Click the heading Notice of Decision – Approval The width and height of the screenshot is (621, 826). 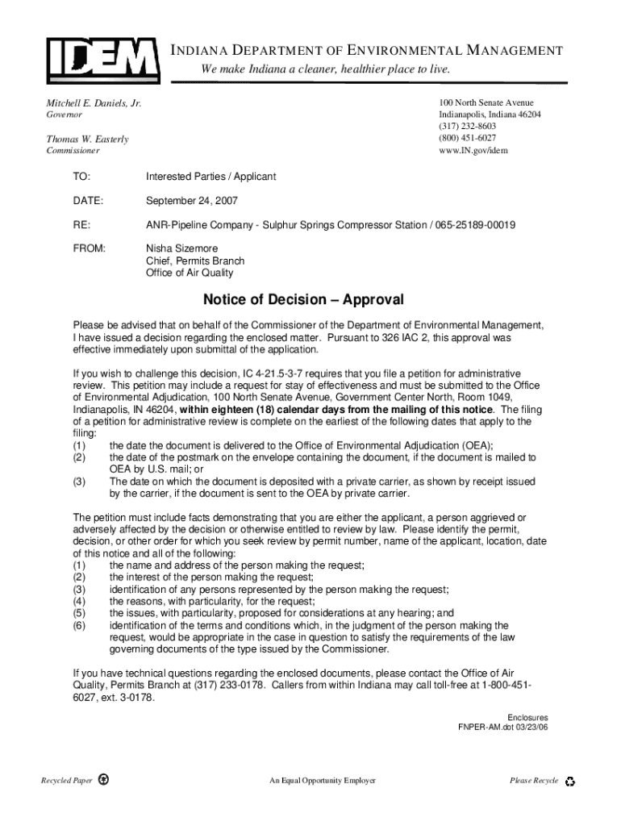[302, 300]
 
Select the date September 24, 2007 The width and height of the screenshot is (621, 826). [191, 200]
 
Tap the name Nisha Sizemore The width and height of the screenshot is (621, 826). [181, 248]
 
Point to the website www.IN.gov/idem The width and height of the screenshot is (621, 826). [473, 150]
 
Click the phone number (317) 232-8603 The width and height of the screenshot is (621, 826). [467, 127]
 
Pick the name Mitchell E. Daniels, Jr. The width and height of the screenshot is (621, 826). [93, 104]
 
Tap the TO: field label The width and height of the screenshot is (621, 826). [81, 176]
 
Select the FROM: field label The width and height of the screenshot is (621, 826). [89, 248]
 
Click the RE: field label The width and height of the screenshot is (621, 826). [81, 224]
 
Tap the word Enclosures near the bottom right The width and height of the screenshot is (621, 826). [527, 717]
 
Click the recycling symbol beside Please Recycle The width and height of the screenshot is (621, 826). [571, 781]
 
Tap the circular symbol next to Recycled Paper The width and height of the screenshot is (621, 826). [104, 781]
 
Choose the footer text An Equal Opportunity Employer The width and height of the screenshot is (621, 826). [323, 781]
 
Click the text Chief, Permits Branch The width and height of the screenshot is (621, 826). [194, 261]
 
